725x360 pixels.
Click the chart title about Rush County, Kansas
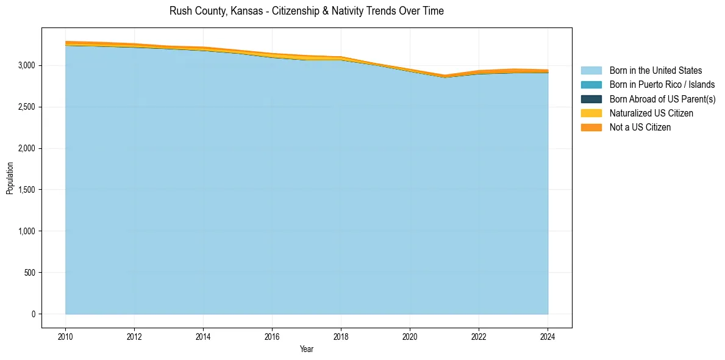click(x=307, y=11)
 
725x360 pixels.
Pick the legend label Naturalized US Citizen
click(x=651, y=113)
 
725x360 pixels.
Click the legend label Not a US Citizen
click(x=640, y=128)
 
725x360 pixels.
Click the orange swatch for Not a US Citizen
click(x=591, y=128)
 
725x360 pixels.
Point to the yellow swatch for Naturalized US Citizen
click(x=591, y=113)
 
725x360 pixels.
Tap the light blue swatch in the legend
click(x=591, y=71)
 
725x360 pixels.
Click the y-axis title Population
click(x=10, y=178)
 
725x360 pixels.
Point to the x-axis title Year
click(x=307, y=349)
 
